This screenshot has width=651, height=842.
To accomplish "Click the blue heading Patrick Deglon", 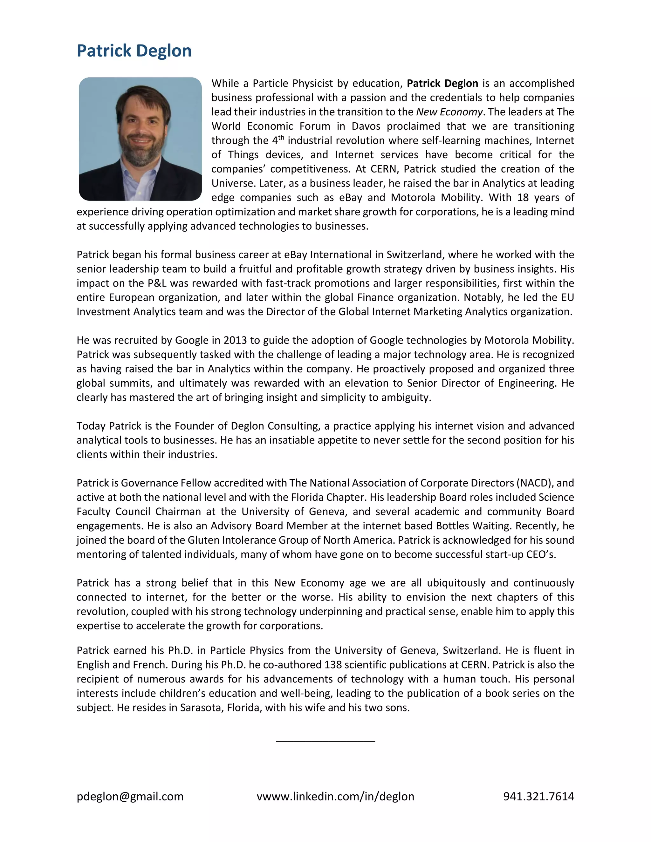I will (134, 51).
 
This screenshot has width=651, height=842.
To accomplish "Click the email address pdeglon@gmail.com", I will (130, 796).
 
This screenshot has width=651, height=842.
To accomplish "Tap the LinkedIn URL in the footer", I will (335, 796).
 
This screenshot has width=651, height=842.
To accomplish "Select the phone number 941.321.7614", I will (538, 796).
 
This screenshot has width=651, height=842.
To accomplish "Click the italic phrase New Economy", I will (449, 112).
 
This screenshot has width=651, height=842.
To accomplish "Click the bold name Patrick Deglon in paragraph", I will (442, 83).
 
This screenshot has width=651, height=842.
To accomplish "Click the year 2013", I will (235, 340).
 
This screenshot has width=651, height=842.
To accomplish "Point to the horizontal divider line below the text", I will (325, 741).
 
